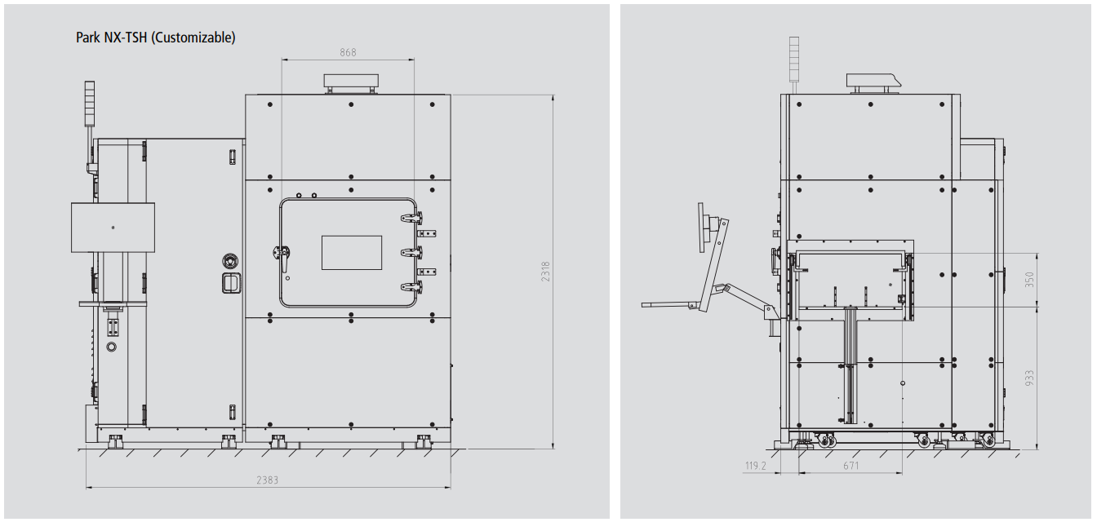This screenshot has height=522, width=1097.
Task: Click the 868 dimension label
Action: pyautogui.click(x=348, y=52)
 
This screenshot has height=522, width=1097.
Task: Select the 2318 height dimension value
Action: pyautogui.click(x=545, y=272)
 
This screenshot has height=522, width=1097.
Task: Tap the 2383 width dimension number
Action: pyautogui.click(x=268, y=480)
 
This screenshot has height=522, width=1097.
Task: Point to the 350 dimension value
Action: pyautogui.click(x=1029, y=279)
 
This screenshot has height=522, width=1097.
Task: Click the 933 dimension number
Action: pyautogui.click(x=1029, y=378)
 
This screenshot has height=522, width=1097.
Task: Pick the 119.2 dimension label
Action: pyautogui.click(x=755, y=466)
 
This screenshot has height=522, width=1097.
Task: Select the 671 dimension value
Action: pyautogui.click(x=851, y=466)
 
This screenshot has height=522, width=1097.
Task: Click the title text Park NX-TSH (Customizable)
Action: pyautogui.click(x=156, y=38)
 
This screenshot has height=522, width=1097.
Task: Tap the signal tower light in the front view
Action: pyautogui.click(x=90, y=104)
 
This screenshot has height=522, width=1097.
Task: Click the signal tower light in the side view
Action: pyautogui.click(x=794, y=59)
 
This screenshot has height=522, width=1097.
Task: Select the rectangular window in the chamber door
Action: pyautogui.click(x=352, y=253)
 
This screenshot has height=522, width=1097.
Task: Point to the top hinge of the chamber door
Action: pyautogui.click(x=412, y=218)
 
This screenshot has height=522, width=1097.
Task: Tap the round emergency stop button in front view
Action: pyautogui.click(x=230, y=260)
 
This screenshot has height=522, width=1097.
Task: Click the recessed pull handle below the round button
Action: pyautogui.click(x=231, y=283)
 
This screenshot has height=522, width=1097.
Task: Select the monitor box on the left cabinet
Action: pyautogui.click(x=113, y=228)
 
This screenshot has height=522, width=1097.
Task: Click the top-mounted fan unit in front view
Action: pyautogui.click(x=351, y=83)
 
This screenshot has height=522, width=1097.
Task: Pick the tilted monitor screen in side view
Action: pyautogui.click(x=704, y=228)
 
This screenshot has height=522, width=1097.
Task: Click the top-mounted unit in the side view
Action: pyautogui.click(x=873, y=82)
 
